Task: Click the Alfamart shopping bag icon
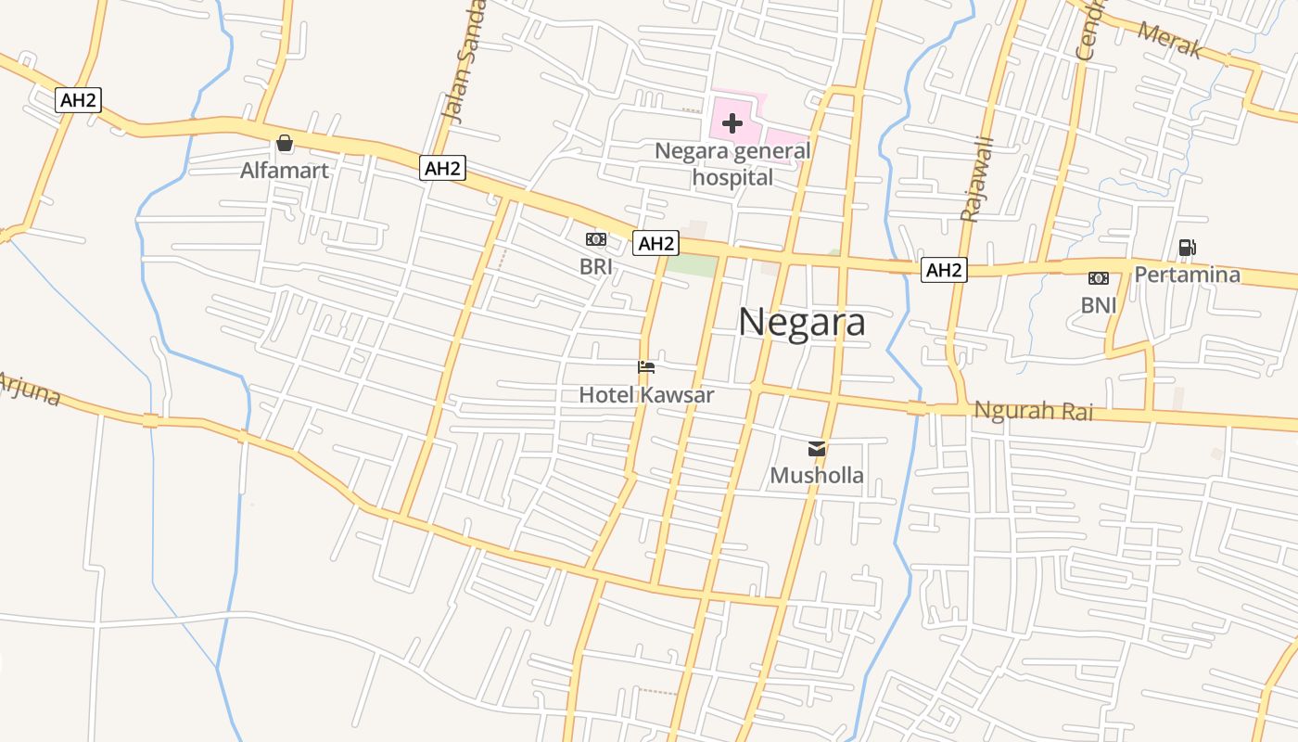coord(285,143)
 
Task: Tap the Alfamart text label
coord(285,171)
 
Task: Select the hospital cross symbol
coord(732,122)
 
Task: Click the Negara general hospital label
coord(732,163)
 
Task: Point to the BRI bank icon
coord(596,239)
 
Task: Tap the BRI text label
coord(596,267)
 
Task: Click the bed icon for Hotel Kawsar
coord(646,367)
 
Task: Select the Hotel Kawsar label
coord(646,395)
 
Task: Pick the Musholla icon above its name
coord(817,449)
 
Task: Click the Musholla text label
coord(817,476)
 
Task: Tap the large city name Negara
coord(802,323)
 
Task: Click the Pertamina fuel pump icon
coord(1187,247)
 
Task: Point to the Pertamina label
coord(1188,275)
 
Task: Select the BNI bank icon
coord(1099,277)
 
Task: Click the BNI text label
coord(1099,305)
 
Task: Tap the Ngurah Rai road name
coord(1034,410)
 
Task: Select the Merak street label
coord(1169,40)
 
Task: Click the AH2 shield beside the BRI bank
coord(655,244)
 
